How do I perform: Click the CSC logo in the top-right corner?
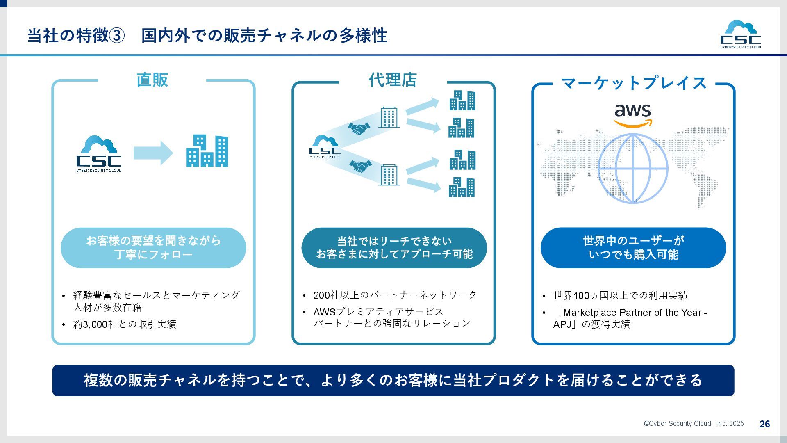[x=740, y=34]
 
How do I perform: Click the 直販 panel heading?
[x=152, y=80]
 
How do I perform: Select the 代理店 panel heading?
[x=393, y=80]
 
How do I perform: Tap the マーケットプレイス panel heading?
[x=633, y=83]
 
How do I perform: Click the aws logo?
[x=632, y=115]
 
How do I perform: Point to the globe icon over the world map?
[x=633, y=169]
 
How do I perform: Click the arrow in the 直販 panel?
[x=153, y=153]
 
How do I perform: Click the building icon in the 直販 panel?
[x=207, y=151]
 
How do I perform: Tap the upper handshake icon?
[x=359, y=128]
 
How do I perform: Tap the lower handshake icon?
[x=360, y=166]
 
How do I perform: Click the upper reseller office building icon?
[x=389, y=117]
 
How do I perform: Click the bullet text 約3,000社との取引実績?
[x=125, y=324]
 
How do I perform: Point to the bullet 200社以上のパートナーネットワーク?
[x=395, y=295]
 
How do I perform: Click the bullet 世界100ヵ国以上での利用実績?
[x=620, y=295]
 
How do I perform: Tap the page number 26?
[x=764, y=424]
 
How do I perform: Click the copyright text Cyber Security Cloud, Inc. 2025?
[x=694, y=424]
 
